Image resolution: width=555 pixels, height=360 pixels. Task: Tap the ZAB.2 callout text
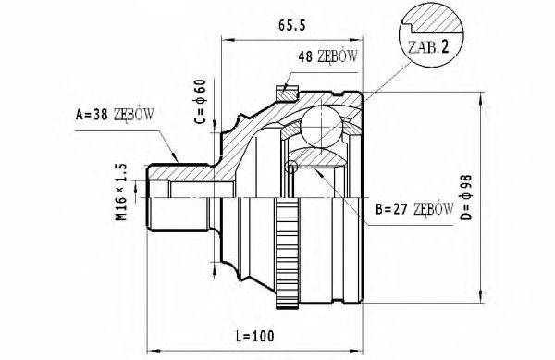click(428, 46)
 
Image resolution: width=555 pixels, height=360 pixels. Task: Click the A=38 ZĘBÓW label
click(114, 115)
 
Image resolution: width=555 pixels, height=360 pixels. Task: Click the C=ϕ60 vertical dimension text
click(198, 105)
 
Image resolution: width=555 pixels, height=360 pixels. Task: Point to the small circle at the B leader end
click(292, 168)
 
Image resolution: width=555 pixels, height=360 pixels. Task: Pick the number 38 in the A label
click(102, 115)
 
